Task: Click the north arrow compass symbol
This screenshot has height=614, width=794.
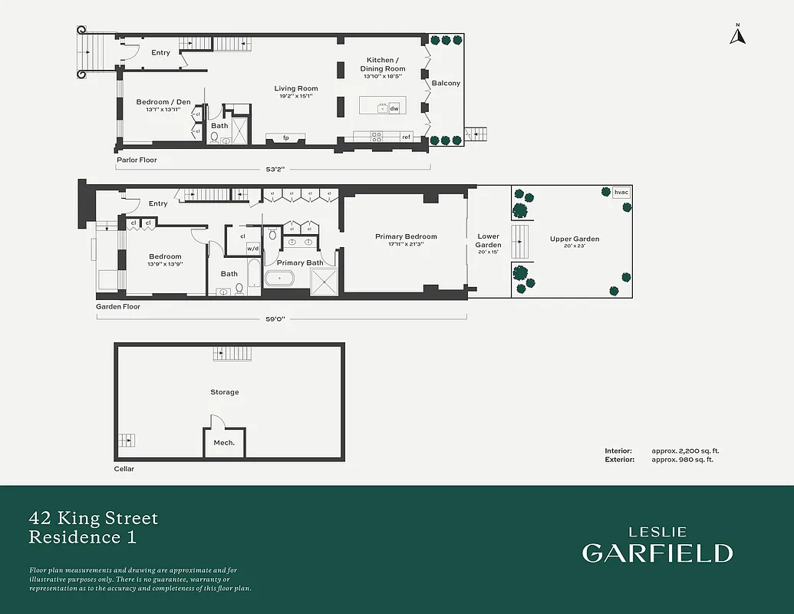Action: pos(737,35)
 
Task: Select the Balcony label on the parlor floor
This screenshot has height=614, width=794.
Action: pos(446,83)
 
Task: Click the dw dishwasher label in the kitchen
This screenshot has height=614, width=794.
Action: pos(394,108)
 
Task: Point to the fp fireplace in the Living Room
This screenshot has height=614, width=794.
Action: pos(285,138)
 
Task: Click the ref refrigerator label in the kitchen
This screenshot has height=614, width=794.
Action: pos(406,137)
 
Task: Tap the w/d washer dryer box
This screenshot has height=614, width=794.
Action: pos(253,249)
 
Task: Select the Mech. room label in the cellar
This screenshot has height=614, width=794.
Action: pos(224,443)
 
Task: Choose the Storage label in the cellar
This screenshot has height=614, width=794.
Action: pos(225,392)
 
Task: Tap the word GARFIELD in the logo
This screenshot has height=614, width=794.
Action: pos(657,553)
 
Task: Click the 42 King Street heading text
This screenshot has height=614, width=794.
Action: pos(94,519)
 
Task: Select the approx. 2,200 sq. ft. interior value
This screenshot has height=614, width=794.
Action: pos(686,451)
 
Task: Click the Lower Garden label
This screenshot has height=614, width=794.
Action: pos(489,240)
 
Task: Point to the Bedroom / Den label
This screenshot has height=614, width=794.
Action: pos(163,102)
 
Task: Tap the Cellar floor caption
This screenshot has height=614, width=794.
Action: pos(124,469)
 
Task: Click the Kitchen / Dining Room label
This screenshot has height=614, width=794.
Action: pos(383,64)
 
